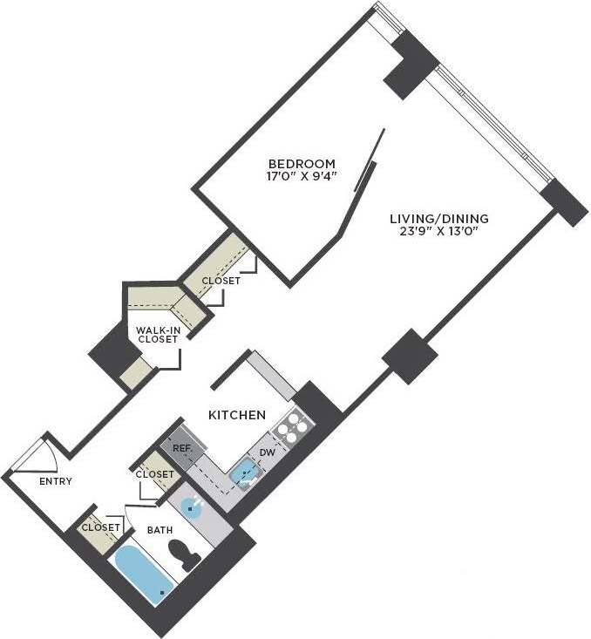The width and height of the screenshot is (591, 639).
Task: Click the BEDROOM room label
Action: [301, 163]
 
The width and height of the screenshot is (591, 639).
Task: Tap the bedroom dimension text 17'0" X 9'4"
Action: [301, 176]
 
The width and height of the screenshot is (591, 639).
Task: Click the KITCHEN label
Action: [237, 415]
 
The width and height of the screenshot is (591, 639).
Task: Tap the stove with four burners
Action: [292, 429]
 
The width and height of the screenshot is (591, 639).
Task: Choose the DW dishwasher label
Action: [268, 452]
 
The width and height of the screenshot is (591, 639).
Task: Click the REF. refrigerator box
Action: [182, 446]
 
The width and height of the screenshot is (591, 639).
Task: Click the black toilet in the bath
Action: [183, 555]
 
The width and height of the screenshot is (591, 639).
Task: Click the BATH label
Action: [160, 529]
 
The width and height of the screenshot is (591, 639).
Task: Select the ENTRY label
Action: [56, 481]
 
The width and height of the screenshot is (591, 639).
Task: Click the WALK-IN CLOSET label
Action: [158, 335]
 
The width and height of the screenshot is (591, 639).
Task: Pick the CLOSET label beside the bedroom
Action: [221, 281]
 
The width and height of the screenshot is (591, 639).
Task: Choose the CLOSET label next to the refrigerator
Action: [155, 474]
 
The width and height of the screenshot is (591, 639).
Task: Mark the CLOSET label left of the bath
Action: [101, 527]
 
